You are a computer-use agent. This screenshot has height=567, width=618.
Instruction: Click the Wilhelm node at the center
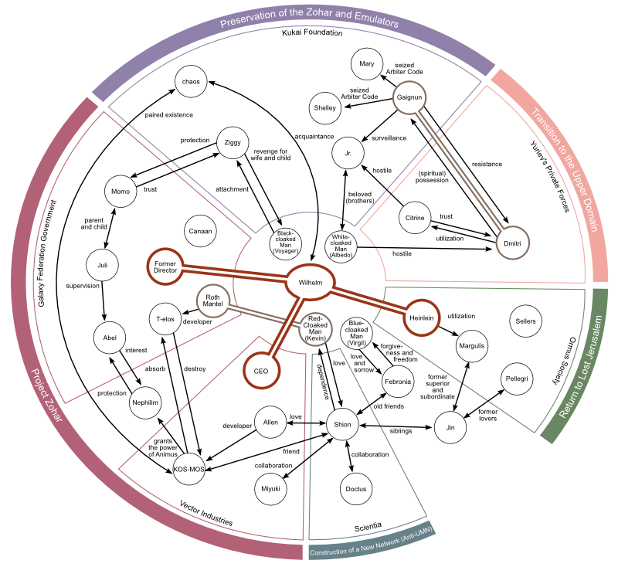click(x=310, y=283)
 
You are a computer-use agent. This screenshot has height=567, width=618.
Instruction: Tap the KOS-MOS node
click(x=188, y=467)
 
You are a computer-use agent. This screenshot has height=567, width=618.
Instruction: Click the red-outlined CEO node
click(x=265, y=370)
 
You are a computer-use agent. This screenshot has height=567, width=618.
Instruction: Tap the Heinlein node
click(x=419, y=317)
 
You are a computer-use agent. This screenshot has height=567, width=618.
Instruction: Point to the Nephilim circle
click(x=149, y=402)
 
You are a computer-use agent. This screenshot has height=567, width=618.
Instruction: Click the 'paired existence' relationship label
click(x=168, y=115)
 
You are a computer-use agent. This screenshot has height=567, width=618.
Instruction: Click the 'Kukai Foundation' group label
click(x=312, y=32)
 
